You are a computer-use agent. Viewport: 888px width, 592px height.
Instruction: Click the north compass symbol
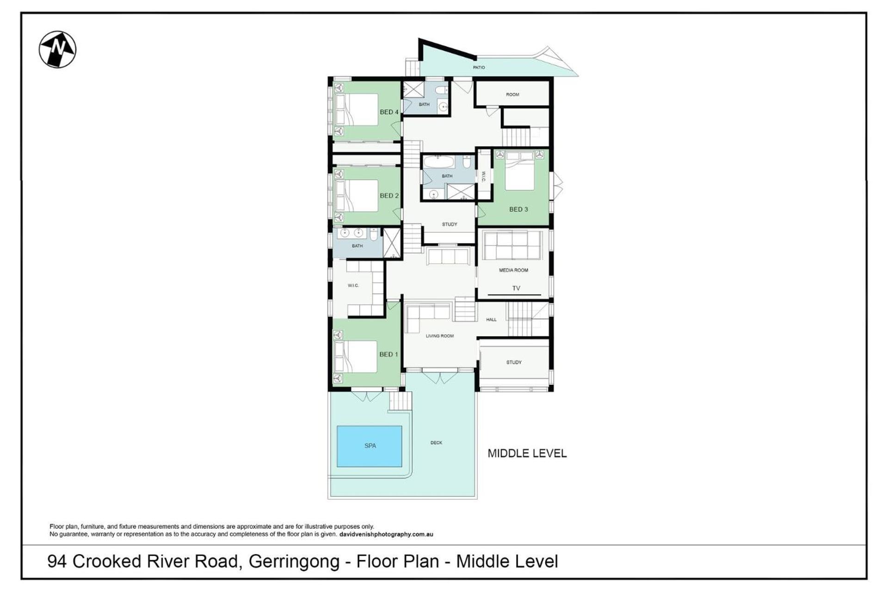click(57, 49)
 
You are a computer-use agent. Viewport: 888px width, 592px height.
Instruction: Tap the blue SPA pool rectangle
click(369, 446)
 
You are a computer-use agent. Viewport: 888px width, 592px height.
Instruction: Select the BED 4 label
click(389, 112)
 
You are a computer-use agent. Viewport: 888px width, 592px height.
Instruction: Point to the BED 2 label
click(389, 196)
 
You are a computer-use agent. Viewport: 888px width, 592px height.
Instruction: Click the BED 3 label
click(518, 209)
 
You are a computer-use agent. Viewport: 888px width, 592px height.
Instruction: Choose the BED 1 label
click(388, 354)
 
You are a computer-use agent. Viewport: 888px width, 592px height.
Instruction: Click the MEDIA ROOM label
click(513, 270)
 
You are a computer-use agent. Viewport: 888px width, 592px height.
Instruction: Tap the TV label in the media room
click(516, 288)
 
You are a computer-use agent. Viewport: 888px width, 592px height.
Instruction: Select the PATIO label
click(479, 68)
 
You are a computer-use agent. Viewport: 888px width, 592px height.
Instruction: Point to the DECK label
click(436, 443)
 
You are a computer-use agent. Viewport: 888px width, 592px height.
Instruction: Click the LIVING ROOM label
click(439, 336)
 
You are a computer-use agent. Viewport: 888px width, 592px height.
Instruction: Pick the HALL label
click(491, 320)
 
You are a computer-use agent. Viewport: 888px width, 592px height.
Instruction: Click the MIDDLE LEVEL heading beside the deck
click(527, 453)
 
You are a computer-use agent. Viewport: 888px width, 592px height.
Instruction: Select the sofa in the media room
click(512, 245)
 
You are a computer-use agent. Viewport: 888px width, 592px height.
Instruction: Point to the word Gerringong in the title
click(294, 561)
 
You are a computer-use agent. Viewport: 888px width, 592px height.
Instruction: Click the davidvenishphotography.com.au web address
click(386, 534)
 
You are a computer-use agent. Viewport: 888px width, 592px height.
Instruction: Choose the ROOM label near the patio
click(512, 94)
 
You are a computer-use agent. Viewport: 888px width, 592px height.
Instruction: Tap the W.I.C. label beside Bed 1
click(353, 285)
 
